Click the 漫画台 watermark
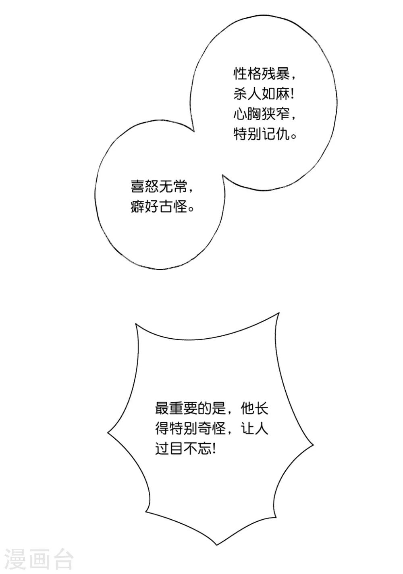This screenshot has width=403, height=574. point(39,559)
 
